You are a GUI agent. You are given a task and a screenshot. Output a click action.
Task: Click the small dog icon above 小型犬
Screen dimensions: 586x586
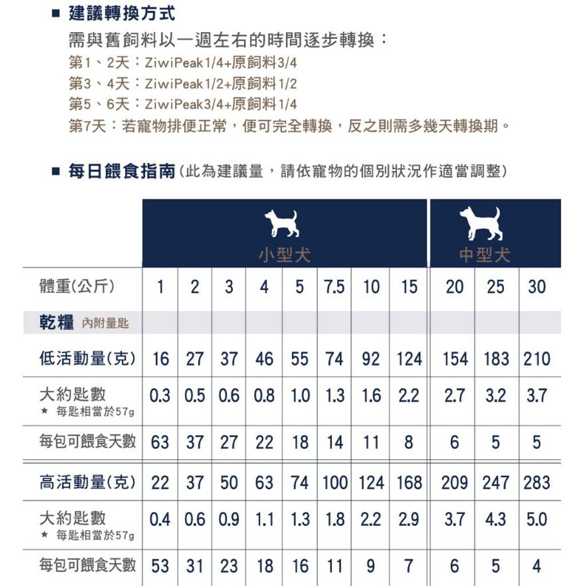point(282,223)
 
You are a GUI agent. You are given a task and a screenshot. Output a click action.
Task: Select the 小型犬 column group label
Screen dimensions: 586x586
point(284,254)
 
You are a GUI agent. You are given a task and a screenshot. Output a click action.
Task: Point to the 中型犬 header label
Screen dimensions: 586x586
point(484,254)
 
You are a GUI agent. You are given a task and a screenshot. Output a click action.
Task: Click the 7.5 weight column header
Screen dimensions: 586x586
point(334,287)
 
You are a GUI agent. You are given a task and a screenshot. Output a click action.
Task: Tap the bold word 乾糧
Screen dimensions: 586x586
point(57,323)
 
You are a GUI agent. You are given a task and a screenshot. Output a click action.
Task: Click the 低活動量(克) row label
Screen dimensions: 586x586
point(87,359)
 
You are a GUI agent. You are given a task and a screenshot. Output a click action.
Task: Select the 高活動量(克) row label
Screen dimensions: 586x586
point(87,482)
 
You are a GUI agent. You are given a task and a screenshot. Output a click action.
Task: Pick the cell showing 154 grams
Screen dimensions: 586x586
point(455,359)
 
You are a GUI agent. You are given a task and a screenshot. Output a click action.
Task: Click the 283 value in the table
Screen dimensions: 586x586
point(537,482)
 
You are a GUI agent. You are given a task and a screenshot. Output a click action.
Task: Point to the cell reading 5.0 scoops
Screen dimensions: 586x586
point(537,520)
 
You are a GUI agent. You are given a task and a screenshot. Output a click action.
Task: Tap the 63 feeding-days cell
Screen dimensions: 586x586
point(160,442)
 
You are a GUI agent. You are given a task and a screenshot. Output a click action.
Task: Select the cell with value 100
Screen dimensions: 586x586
point(335,482)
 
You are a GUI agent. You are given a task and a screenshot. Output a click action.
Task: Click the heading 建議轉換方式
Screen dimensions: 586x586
point(121,13)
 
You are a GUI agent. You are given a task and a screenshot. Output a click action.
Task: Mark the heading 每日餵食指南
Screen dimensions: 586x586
point(121,171)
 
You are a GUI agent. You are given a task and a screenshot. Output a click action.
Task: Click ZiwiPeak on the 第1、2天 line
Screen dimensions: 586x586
point(171,62)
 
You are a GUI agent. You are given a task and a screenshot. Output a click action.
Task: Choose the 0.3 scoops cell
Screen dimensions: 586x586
point(160,395)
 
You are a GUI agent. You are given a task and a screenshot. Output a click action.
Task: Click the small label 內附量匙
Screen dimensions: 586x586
point(105,324)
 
